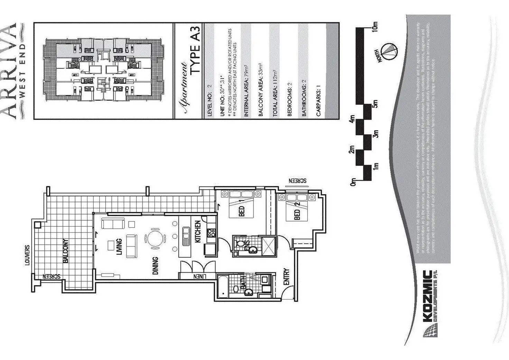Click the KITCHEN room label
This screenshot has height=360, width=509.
coord(197,232)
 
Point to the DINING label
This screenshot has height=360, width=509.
coord(155,265)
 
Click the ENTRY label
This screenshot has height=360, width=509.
coord(286,277)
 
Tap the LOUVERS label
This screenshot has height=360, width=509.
coord(28,255)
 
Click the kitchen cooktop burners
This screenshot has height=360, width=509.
coord(211,232)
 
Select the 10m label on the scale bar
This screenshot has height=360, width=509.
coord(376,26)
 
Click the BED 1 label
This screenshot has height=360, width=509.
coord(241,211)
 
